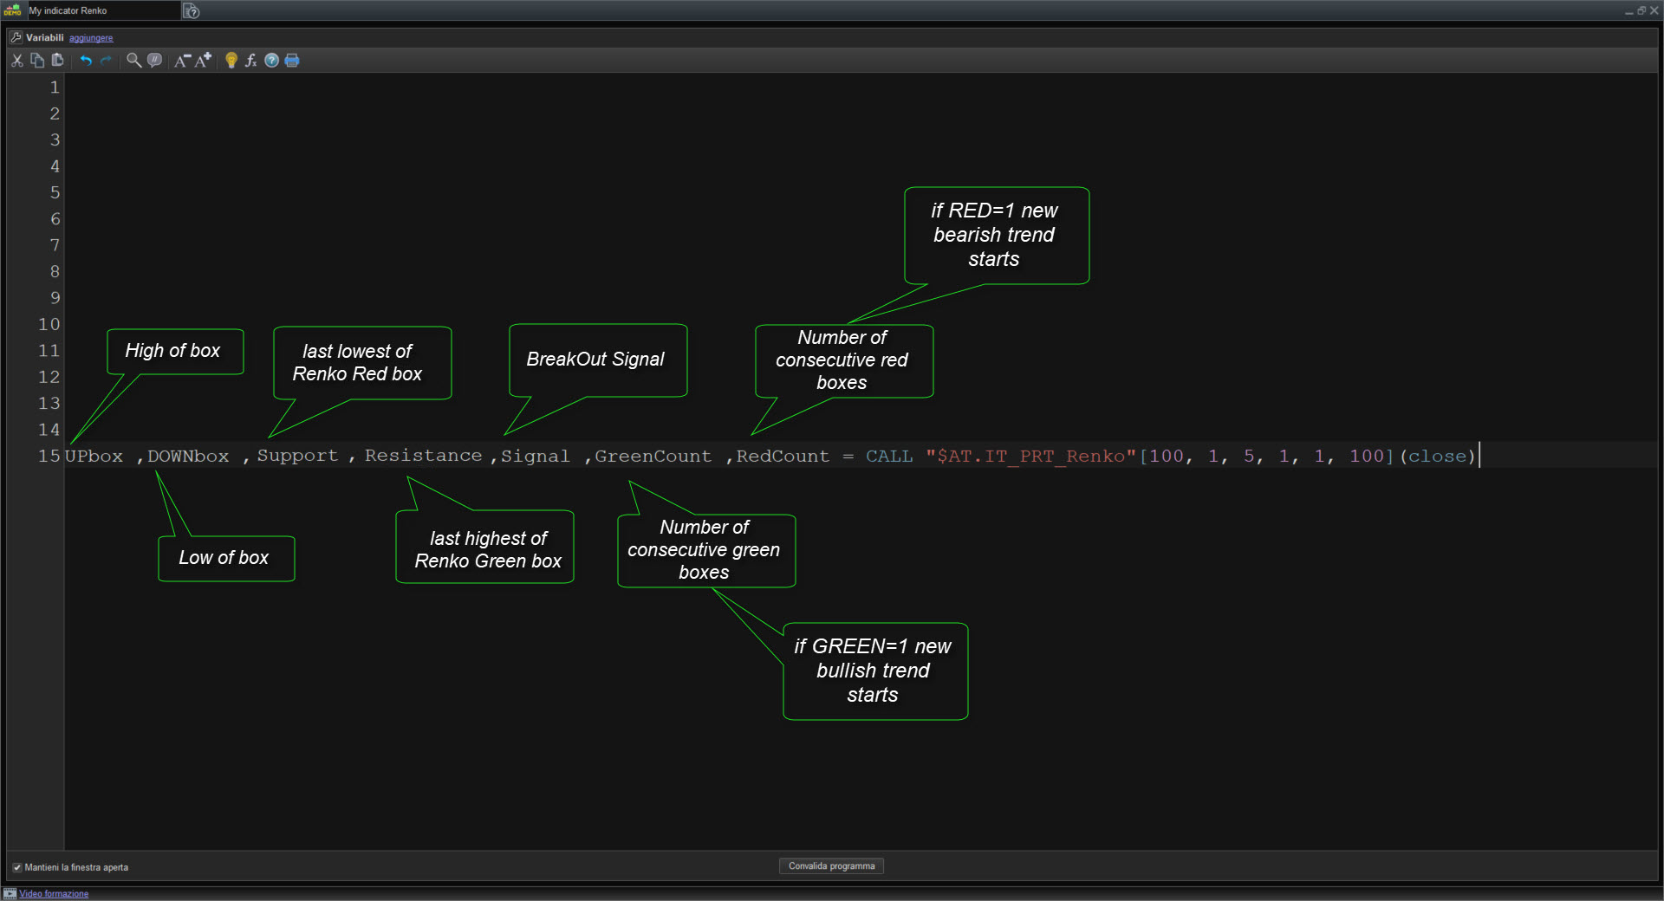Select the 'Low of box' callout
click(226, 558)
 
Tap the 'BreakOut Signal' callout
click(598, 360)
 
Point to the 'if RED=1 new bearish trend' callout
click(997, 235)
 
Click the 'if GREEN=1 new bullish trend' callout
click(875, 671)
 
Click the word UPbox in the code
click(94, 456)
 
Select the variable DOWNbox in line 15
click(188, 456)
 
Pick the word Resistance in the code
click(423, 456)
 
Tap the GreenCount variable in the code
click(653, 456)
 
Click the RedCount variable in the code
click(783, 456)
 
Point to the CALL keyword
click(889, 456)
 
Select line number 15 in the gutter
click(49, 456)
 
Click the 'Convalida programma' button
click(831, 865)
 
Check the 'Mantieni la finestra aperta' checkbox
click(16, 867)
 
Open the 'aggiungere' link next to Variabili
click(91, 38)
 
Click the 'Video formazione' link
click(54, 894)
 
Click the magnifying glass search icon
click(133, 60)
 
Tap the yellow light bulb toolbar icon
click(231, 60)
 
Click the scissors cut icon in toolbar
click(17, 60)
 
